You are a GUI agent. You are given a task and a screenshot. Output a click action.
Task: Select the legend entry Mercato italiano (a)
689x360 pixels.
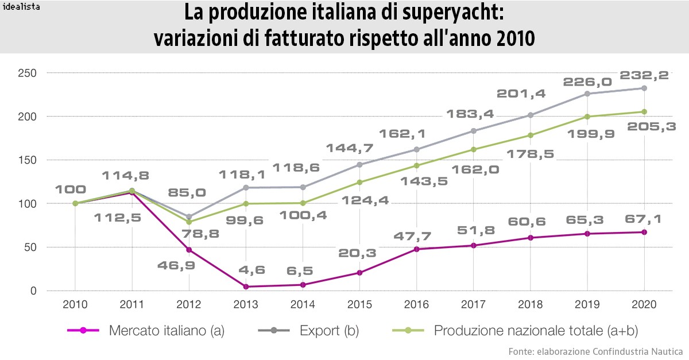(167, 331)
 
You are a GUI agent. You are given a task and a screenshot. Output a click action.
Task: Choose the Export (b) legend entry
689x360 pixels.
(324, 331)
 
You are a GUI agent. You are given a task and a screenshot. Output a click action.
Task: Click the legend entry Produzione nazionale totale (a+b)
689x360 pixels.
(535, 331)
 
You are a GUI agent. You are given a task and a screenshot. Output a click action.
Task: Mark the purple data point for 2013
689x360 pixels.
(246, 287)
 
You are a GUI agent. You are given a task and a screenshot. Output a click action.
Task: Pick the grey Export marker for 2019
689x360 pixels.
(587, 94)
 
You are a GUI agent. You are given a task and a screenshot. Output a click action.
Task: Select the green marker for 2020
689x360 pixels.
(644, 111)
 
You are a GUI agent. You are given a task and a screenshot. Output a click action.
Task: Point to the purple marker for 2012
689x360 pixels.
(189, 250)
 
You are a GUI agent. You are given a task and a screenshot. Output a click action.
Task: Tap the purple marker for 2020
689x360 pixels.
(644, 232)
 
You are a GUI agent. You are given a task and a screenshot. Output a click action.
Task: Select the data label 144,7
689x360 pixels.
(350, 148)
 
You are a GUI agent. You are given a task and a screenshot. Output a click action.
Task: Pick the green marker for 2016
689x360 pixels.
(416, 165)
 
